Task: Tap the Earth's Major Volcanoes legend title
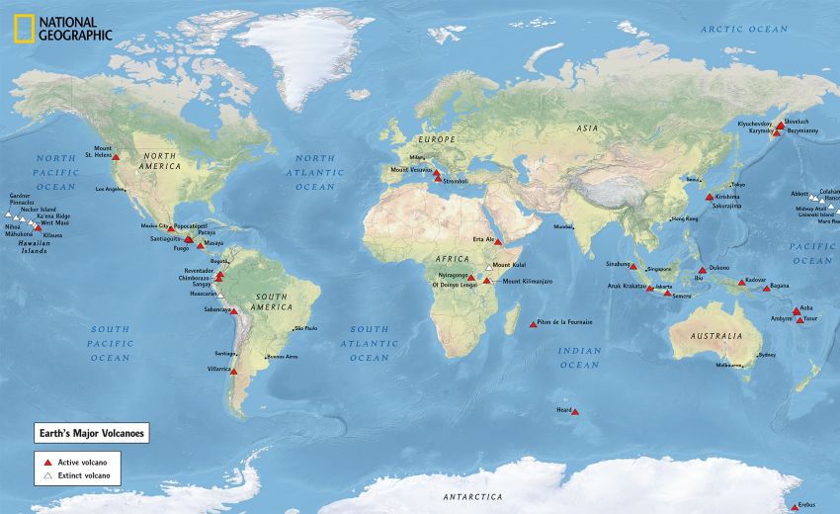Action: coord(90,433)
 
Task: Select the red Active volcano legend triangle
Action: coord(45,462)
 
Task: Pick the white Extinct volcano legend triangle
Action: coord(45,477)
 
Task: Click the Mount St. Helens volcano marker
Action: coord(116,157)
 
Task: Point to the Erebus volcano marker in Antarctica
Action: coord(794,507)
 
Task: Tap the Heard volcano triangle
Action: coord(575,412)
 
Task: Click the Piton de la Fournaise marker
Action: coord(534,323)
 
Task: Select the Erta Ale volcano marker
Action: coord(499,241)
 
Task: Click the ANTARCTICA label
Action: coord(472,496)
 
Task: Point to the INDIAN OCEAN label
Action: coord(579,358)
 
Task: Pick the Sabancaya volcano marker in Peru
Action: coord(234,311)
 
